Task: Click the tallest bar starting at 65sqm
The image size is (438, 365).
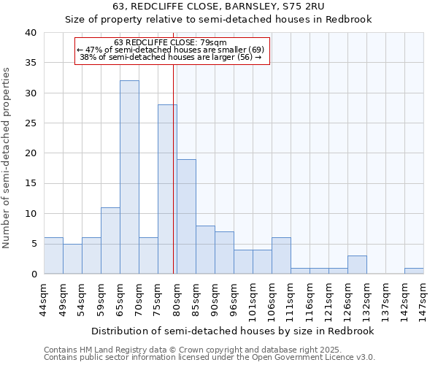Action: [x=129, y=177]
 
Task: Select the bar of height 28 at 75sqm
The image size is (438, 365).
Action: [x=167, y=189]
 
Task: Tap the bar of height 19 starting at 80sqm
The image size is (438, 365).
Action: [x=186, y=216]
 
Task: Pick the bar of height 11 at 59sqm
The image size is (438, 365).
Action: [x=110, y=240]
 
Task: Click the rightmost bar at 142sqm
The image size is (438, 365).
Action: [x=414, y=271]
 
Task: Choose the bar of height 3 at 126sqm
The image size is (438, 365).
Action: [x=357, y=265]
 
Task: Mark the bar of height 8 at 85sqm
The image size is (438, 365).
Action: [x=205, y=250]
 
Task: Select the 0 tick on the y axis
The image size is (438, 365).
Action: [x=33, y=274]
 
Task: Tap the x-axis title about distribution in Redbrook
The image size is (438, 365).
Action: [x=234, y=331]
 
